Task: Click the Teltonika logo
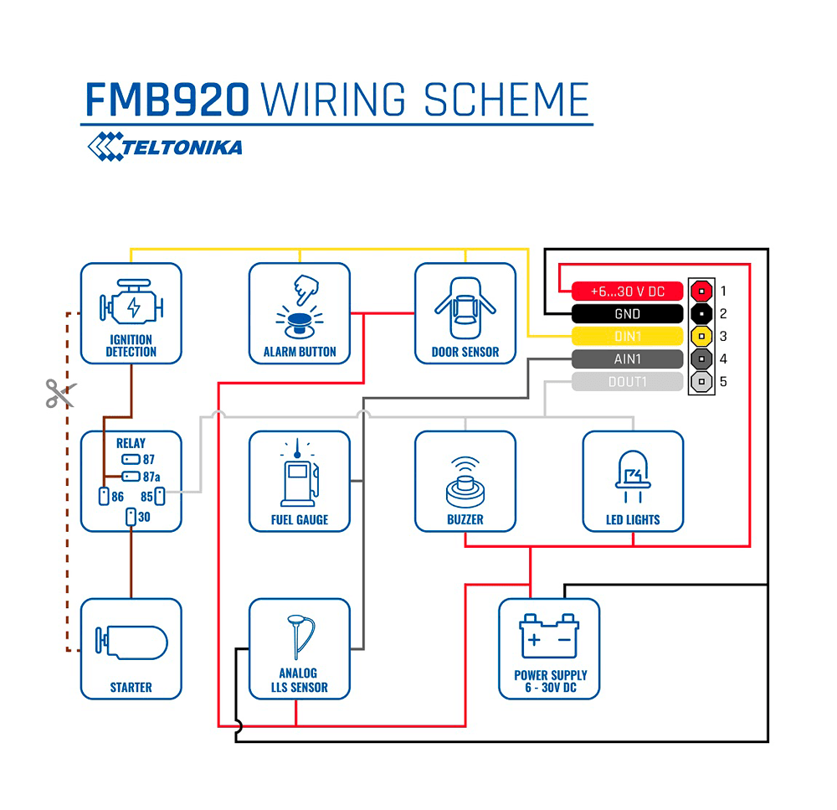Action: pyautogui.click(x=165, y=147)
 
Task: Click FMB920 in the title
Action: pyautogui.click(x=167, y=100)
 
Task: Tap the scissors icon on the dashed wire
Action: pyautogui.click(x=60, y=393)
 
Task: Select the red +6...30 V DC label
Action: pyautogui.click(x=627, y=291)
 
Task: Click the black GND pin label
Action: pyautogui.click(x=627, y=314)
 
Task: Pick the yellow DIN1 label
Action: pyautogui.click(x=627, y=337)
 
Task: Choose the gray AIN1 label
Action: pyautogui.click(x=627, y=359)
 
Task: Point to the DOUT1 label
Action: pyautogui.click(x=627, y=382)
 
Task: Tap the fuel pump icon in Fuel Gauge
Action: pyautogui.click(x=299, y=477)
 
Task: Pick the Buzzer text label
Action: pyautogui.click(x=465, y=519)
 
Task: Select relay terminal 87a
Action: pyautogui.click(x=131, y=477)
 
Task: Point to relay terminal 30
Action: pyautogui.click(x=131, y=517)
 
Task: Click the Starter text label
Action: pyautogui.click(x=131, y=687)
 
